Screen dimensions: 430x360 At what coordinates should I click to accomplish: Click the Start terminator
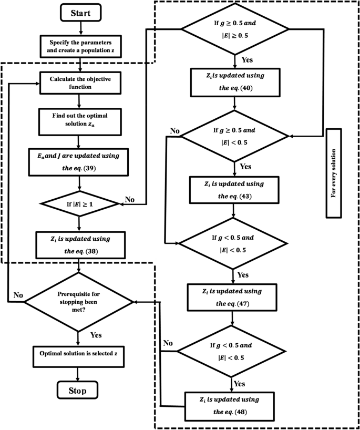pos(78,12)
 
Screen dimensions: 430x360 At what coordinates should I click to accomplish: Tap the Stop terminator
pos(78,390)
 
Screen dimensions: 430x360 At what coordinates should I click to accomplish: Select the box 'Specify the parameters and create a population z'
pos(78,46)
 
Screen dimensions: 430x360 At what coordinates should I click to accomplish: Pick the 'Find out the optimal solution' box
pos(78,120)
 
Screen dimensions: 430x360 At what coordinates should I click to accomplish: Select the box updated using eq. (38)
pos(78,243)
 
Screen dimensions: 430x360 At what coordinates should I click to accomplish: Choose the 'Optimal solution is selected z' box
pos(78,353)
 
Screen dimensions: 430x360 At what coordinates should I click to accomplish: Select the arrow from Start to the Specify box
pos(78,27)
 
